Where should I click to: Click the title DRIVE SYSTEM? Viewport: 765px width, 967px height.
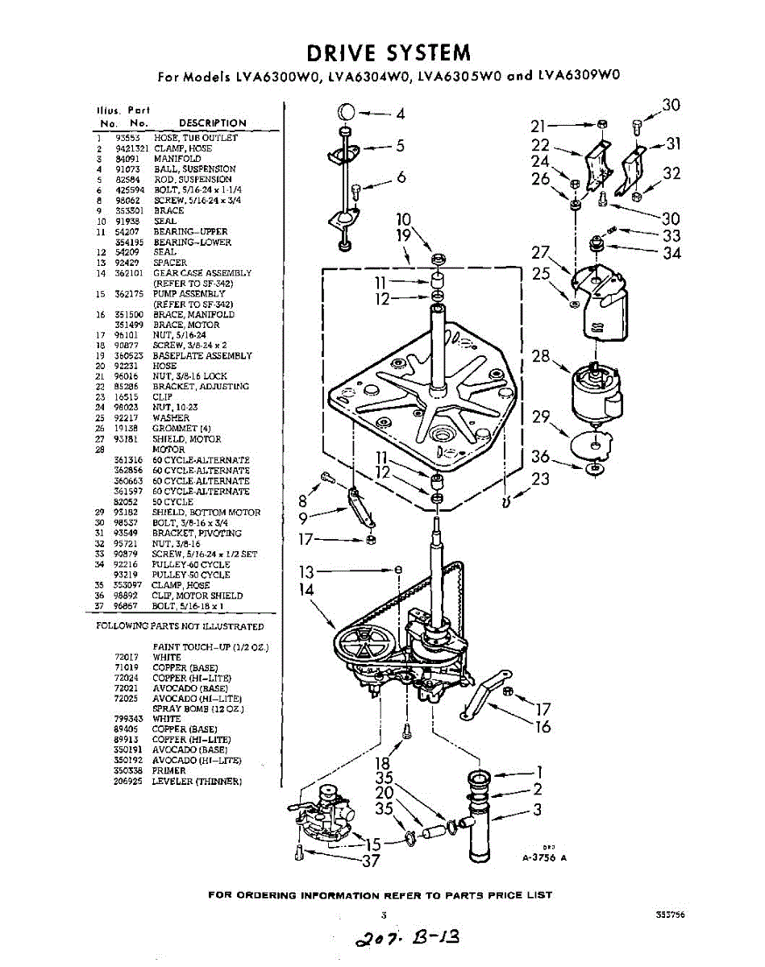[x=389, y=53]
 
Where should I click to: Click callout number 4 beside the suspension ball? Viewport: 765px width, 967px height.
[x=401, y=113]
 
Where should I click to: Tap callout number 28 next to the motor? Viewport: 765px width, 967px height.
[x=540, y=355]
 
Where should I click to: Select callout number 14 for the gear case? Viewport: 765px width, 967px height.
[x=305, y=589]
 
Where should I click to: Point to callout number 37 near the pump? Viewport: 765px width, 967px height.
[x=370, y=861]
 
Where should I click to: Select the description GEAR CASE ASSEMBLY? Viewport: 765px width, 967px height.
[x=202, y=273]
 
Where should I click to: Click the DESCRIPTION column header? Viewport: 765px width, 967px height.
[x=212, y=122]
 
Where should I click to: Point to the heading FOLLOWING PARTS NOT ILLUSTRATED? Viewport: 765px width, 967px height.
[x=180, y=626]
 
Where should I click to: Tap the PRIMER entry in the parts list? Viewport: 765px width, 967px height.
[x=168, y=770]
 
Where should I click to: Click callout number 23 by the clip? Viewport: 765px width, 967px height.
[x=540, y=479]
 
